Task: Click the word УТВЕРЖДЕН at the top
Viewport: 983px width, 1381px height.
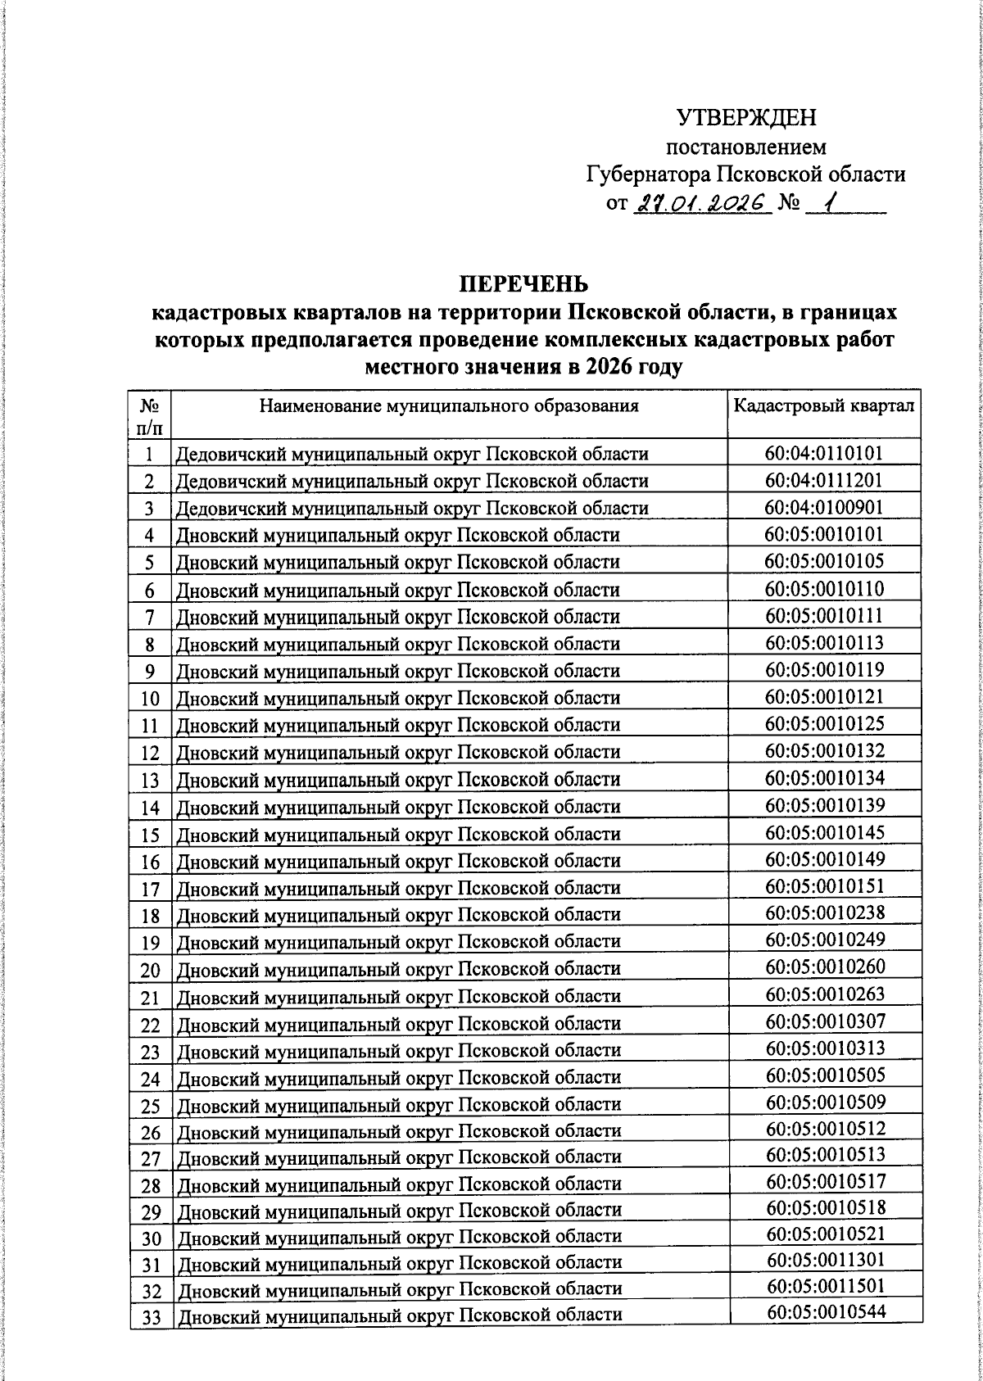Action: point(746,119)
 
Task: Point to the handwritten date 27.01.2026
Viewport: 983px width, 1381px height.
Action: point(703,202)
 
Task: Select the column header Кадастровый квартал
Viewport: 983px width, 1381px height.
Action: point(823,406)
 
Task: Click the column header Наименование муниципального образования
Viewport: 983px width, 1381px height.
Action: point(449,406)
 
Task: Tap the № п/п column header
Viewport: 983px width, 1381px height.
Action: point(150,415)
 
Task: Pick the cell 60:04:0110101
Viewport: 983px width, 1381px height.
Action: point(824,453)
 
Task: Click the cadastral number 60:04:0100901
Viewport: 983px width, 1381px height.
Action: point(824,507)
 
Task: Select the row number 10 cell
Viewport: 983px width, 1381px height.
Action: point(150,699)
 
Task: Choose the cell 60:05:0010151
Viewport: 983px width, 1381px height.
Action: point(825,886)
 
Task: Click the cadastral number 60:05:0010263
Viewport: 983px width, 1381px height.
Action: point(825,994)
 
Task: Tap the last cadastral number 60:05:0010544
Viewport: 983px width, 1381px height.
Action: point(826,1313)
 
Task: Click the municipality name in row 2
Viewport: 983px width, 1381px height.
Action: point(412,481)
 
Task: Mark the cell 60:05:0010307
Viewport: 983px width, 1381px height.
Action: point(825,1021)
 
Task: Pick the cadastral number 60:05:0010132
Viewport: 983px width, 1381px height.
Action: point(825,750)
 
